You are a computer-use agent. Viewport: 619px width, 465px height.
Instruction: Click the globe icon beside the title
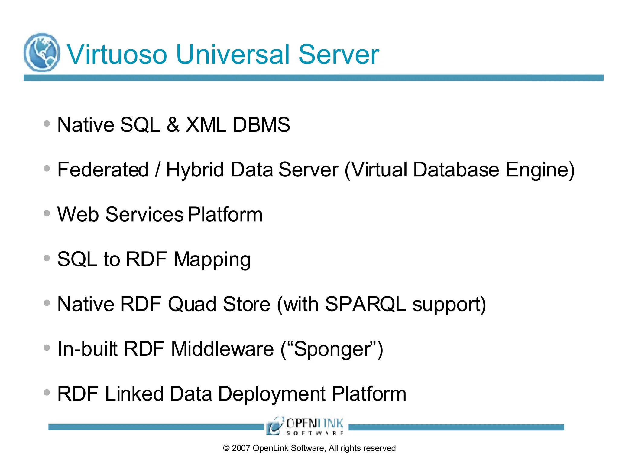(42, 52)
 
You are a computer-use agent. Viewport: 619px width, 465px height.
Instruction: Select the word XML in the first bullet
(206, 125)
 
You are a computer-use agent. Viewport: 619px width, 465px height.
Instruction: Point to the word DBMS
(261, 125)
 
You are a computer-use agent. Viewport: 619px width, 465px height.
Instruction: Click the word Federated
(103, 170)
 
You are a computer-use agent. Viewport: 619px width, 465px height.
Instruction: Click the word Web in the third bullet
(78, 214)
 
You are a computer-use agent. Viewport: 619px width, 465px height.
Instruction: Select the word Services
(144, 214)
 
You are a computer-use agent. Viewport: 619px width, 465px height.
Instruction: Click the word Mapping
(212, 260)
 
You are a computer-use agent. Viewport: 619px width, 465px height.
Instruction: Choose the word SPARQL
(365, 304)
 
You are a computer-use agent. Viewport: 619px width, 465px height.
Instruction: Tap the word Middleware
(222, 349)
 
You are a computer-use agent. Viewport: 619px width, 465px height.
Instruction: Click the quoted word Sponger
(332, 349)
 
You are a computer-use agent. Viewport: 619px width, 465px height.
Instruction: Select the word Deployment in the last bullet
(272, 394)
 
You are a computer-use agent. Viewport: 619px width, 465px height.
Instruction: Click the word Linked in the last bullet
(134, 394)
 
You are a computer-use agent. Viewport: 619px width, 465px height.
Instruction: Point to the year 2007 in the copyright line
(241, 448)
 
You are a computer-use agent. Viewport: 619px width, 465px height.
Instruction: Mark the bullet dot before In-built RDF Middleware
(47, 348)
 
